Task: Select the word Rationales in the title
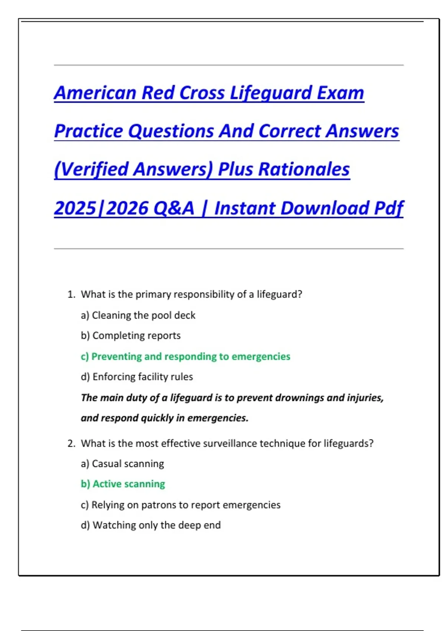click(x=304, y=169)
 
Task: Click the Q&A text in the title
click(x=174, y=208)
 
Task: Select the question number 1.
click(x=71, y=294)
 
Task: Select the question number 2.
click(x=71, y=443)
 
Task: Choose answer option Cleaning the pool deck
click(x=138, y=315)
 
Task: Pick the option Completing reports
click(x=131, y=336)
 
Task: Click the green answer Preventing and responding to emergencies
click(x=185, y=356)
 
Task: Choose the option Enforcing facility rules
click(x=137, y=377)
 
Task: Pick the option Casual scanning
click(x=122, y=464)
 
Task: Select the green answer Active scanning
click(x=123, y=484)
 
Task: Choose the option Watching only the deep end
click(x=151, y=525)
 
